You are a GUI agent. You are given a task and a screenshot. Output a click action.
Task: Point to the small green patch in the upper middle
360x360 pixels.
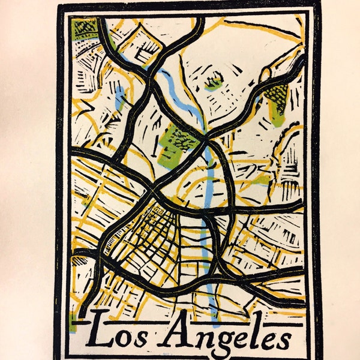point(214,82)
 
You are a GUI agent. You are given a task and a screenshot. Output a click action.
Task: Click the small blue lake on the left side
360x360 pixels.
point(120,96)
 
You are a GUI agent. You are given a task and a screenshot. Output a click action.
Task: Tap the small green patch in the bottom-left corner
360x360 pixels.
point(73,324)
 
